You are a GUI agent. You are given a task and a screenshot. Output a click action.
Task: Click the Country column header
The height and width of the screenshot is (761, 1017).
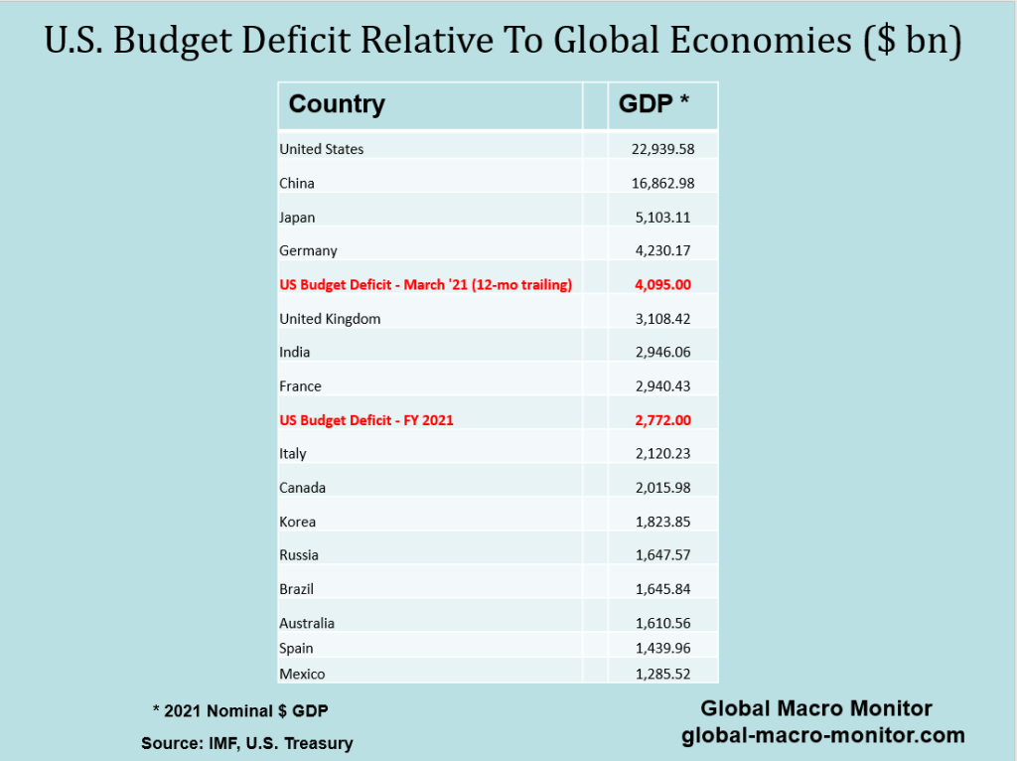[337, 104]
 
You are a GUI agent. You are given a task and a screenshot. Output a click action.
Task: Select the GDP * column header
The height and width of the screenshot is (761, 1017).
[654, 104]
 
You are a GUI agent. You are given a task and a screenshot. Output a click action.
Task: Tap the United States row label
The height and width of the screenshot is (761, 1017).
[322, 149]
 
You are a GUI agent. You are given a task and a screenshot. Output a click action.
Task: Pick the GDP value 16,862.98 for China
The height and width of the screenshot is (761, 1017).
[662, 183]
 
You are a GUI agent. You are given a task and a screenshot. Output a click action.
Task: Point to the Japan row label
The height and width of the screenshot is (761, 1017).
[297, 217]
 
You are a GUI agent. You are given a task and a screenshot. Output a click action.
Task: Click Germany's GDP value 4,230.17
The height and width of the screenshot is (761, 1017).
[662, 250]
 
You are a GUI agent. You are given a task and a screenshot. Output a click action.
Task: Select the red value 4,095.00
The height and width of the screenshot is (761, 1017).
[662, 284]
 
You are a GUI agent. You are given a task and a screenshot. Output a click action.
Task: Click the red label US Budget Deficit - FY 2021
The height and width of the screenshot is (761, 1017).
[366, 420]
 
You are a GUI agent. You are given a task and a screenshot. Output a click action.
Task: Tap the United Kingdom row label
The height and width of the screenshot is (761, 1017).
[330, 319]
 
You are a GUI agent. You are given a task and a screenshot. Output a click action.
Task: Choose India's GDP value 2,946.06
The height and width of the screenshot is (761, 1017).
[662, 352]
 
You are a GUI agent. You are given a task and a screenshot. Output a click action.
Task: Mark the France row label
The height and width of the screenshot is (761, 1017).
[300, 386]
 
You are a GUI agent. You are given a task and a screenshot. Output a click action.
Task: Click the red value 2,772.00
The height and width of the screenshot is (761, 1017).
[662, 420]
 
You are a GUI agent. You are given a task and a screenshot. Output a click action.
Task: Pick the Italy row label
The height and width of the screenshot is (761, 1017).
[293, 454]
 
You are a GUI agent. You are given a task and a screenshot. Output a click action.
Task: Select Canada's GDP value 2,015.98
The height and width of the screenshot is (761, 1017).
[662, 488]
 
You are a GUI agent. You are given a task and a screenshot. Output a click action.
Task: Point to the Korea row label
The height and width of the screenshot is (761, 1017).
[298, 522]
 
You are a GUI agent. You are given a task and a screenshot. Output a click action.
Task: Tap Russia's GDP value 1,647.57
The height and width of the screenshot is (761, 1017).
[662, 554]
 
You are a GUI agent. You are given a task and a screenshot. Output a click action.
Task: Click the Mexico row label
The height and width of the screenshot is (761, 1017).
[302, 674]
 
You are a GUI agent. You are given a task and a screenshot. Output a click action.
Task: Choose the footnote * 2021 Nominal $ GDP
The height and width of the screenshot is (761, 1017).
[239, 710]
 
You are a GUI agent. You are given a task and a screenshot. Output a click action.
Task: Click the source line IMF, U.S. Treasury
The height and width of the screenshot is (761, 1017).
[246, 743]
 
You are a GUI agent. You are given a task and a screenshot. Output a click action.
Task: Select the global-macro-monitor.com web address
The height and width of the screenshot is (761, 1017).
[823, 736]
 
